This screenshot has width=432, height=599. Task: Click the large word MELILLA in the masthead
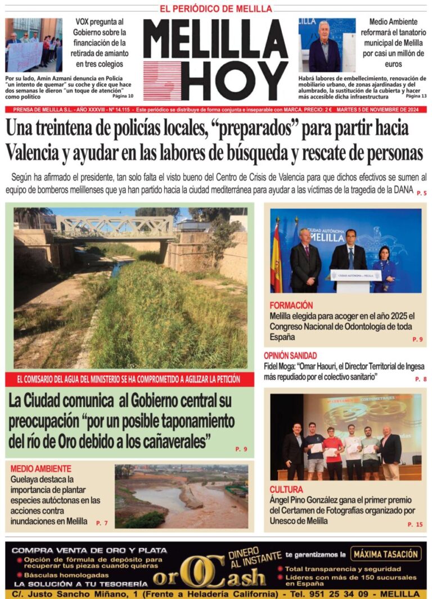(x=215, y=39)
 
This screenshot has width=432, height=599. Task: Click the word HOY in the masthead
(x=237, y=81)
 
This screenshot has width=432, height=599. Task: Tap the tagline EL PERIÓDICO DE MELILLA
(x=216, y=9)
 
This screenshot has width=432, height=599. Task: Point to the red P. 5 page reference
(x=421, y=193)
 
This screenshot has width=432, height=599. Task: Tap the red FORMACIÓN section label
(x=291, y=305)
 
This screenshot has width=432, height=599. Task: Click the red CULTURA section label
(x=286, y=489)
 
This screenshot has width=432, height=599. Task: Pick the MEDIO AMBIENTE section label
(x=41, y=469)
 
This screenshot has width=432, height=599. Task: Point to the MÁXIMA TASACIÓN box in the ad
(x=386, y=554)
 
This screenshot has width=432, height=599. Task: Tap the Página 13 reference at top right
(x=416, y=96)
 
